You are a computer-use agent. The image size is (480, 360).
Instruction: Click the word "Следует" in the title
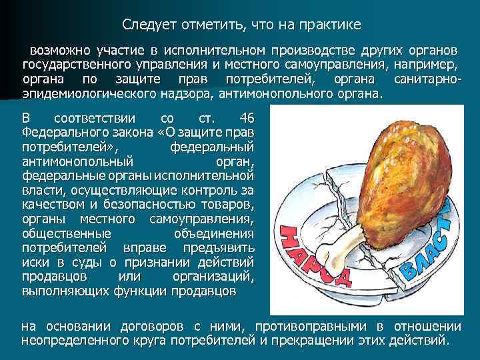coord(147,25)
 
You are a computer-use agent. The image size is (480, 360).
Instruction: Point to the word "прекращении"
coord(315,340)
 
